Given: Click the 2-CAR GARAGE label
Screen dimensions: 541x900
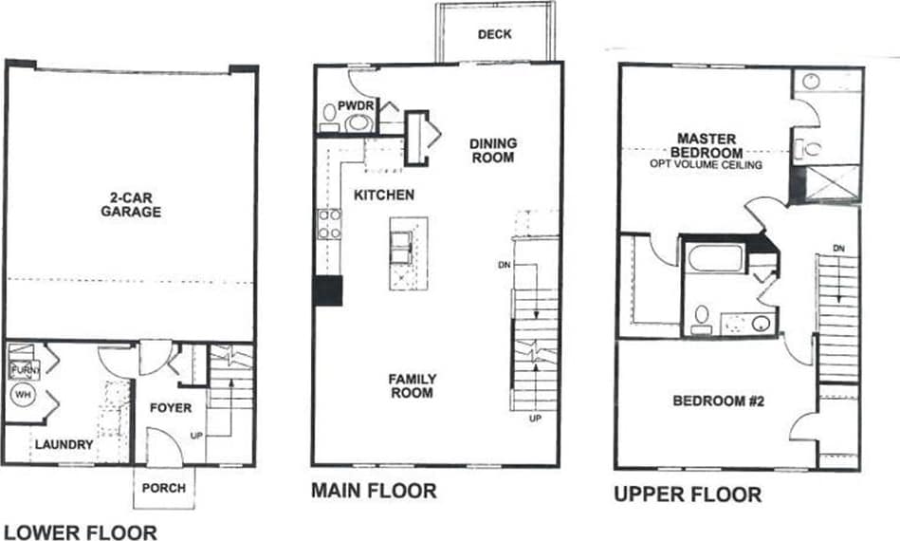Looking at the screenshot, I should pos(131,206).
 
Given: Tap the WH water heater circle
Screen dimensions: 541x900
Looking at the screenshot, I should pos(21,392).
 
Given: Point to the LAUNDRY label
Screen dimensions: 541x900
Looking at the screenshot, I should pos(64,444).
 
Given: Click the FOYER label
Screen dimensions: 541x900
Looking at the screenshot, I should pos(171,408).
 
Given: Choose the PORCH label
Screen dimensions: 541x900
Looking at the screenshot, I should pos(165,490).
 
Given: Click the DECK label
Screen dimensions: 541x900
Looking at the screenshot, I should pos(494,34).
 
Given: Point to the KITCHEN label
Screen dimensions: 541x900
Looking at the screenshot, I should pos(384,195).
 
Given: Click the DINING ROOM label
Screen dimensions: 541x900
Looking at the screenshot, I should pos(494,150).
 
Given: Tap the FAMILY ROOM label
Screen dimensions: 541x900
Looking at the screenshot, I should pos(412,385).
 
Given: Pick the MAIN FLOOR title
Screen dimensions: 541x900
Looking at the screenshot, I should pos(374,491).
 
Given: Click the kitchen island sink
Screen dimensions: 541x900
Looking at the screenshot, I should pos(400,244).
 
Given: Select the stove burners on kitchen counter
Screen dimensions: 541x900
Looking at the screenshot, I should pos(329,224).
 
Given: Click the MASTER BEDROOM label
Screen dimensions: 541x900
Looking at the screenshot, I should pos(707,145).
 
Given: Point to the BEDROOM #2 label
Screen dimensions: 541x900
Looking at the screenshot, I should pos(718,401).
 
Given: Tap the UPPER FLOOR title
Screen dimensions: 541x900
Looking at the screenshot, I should pos(687,494).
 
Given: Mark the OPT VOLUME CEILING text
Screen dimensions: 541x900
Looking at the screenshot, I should pos(707,163).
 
